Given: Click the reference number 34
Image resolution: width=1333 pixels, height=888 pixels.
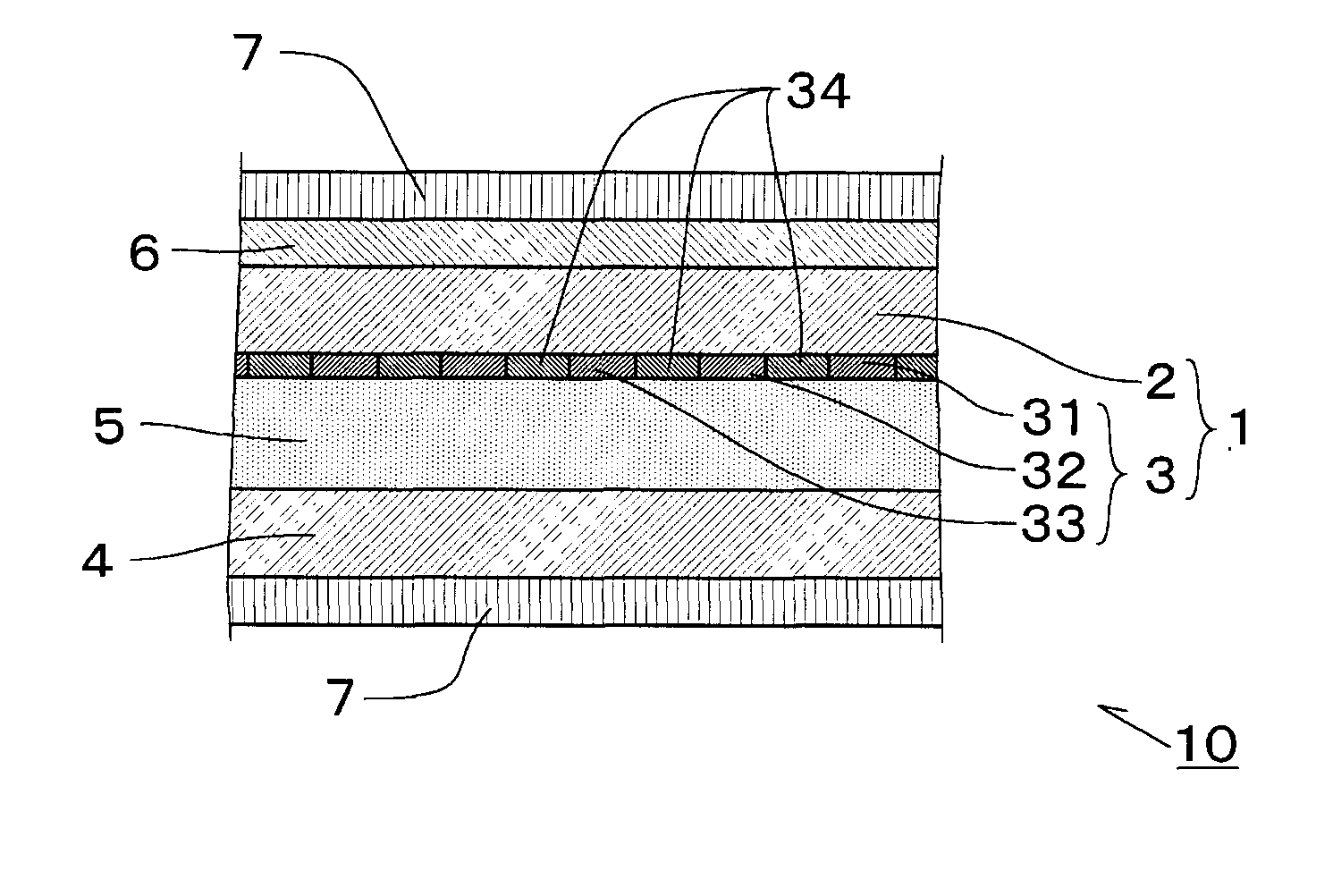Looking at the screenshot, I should pos(816,91).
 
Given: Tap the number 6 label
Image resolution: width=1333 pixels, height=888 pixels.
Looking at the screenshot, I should pos(144,254).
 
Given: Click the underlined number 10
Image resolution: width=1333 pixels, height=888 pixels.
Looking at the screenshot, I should pos(1207,744).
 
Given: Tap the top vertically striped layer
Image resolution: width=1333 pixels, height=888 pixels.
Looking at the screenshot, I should pos(590,196).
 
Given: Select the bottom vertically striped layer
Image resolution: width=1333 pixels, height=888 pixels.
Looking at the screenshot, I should pos(586,600).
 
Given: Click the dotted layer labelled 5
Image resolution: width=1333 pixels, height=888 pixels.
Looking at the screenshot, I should pos(586,435).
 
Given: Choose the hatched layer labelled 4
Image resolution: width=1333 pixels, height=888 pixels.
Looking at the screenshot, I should pos(586,533).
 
